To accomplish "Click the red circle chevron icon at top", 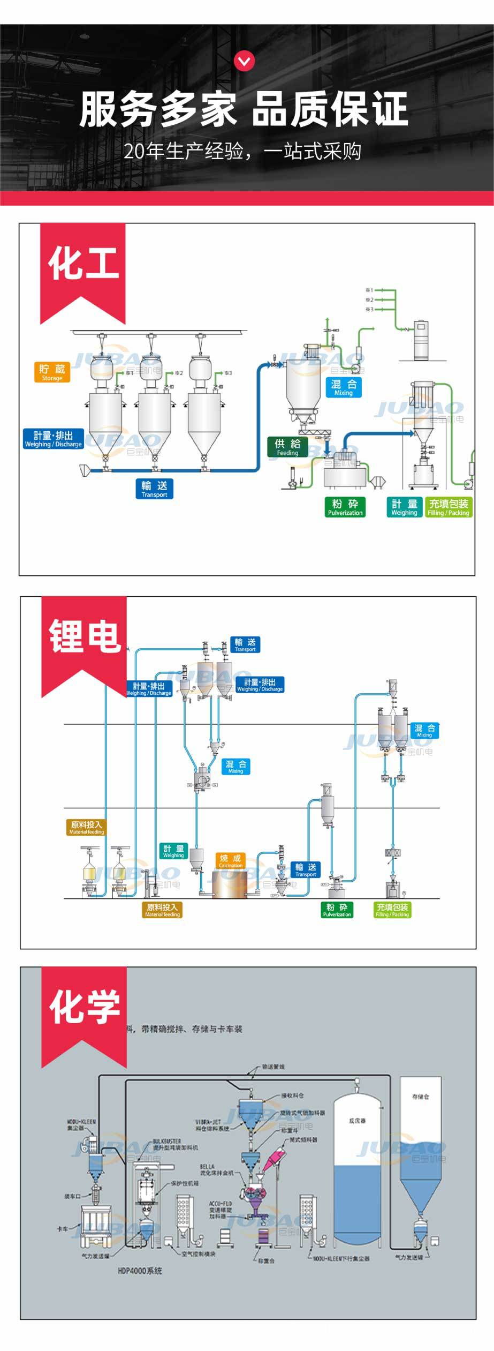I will pos(245,62).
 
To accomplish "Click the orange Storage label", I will pos(52,372).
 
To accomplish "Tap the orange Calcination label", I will pos(231,861).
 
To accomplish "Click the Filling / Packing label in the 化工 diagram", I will pos(448,507).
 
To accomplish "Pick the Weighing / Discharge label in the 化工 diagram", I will pos(54,439).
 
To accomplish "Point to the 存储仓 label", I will pos(420,1097).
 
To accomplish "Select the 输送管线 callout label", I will pos(273,1067).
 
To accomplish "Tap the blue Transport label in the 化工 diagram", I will pos(154,489).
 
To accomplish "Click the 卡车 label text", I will pos(63,1228).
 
